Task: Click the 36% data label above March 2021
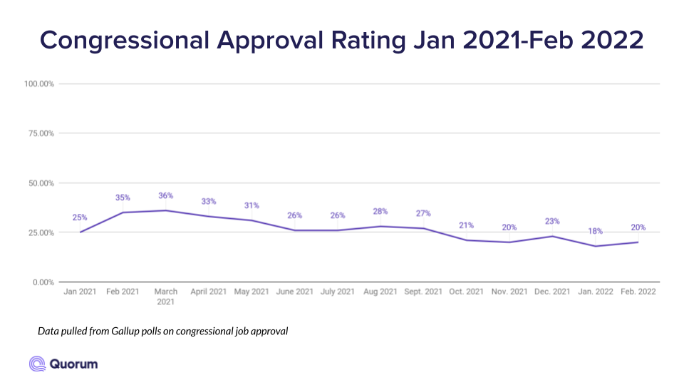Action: pos(166,195)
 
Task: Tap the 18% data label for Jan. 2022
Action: pos(595,231)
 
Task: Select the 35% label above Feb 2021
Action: pos(123,197)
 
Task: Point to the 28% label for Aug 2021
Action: pos(380,211)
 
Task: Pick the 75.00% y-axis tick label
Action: pos(40,133)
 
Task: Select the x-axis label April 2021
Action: pos(209,292)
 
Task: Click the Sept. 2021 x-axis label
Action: pos(423,292)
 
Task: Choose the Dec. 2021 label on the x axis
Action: pos(552,292)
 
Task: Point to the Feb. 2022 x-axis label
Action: pos(638,292)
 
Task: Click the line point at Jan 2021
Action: pos(80,232)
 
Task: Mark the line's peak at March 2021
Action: pos(166,210)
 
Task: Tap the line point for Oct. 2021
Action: pos(466,240)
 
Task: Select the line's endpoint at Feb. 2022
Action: pos(638,242)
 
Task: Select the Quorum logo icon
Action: pos(37,364)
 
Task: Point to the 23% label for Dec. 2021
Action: pos(552,221)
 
